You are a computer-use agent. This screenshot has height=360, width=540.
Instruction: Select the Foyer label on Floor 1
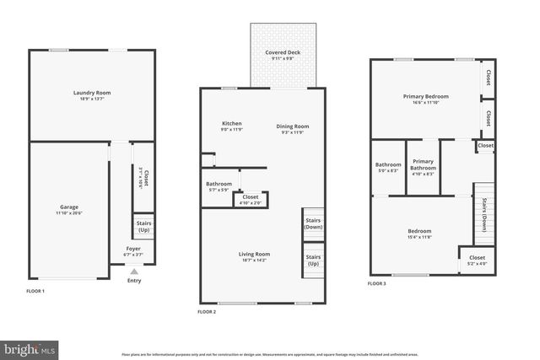(134, 250)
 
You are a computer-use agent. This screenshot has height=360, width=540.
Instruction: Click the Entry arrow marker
(134, 271)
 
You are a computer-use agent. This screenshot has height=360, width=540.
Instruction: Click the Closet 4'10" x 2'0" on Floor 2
(251, 199)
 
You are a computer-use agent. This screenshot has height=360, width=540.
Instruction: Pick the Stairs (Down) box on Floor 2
(313, 223)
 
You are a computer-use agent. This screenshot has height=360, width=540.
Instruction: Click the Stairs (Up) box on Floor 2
(313, 259)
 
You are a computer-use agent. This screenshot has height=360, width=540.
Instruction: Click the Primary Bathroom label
(423, 167)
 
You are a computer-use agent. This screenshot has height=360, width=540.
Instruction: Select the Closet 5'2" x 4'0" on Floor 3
(477, 260)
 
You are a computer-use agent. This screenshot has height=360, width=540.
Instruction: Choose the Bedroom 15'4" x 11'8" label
(419, 234)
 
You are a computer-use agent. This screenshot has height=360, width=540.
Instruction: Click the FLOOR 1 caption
(35, 291)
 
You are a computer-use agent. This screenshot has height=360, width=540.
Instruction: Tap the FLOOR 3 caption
(376, 284)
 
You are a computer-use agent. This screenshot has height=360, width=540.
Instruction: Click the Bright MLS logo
(30, 347)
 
